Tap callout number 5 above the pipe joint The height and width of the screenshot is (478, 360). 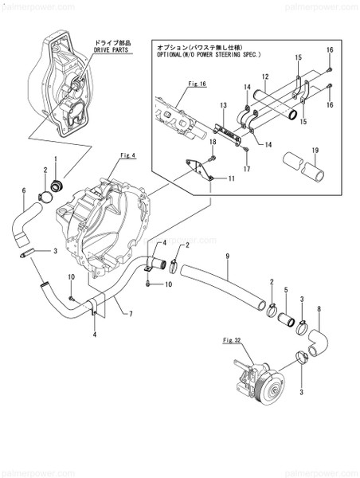coord(285,292)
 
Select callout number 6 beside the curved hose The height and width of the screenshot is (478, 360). coord(24,190)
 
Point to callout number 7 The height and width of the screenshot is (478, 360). coord(129,314)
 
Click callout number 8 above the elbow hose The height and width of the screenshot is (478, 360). coord(319,308)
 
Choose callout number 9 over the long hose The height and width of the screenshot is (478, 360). coord(227,256)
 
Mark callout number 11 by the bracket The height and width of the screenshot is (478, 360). coord(231,180)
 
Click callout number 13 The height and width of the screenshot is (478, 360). coord(223,106)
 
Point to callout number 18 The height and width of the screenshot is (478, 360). coord(213,141)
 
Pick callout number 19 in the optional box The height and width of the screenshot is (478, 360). coord(315,149)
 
